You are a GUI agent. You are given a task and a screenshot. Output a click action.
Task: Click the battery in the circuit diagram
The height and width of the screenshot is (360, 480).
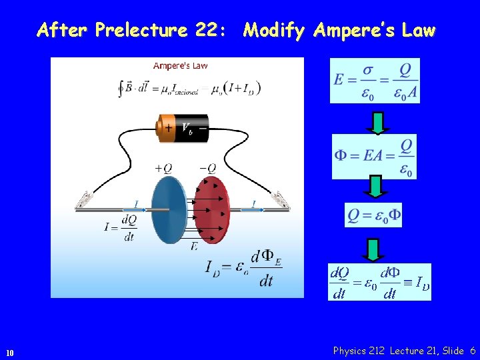point(182,127)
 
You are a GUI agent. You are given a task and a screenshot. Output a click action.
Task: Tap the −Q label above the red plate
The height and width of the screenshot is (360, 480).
point(208,168)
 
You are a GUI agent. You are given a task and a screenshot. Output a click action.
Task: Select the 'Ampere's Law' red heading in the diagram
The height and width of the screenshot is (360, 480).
point(181,65)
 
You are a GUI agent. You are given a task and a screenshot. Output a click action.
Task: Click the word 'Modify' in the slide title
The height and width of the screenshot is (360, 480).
point(274,30)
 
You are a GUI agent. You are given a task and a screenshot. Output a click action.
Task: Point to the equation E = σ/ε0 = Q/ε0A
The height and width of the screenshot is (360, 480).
point(375,81)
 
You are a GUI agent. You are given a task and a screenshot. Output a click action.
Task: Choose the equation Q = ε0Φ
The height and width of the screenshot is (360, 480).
point(373,215)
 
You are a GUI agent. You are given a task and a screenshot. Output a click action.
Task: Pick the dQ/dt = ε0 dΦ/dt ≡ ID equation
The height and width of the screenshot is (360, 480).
point(379,282)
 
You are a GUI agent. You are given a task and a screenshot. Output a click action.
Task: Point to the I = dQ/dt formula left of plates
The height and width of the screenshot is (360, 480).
point(121,227)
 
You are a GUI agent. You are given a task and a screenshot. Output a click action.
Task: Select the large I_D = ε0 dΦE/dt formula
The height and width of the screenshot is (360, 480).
point(243,267)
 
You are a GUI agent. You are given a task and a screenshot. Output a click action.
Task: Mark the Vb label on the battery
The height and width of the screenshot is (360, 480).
point(187,127)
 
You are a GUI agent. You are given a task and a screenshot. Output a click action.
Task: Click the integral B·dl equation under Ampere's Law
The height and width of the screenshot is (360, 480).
point(189,88)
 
